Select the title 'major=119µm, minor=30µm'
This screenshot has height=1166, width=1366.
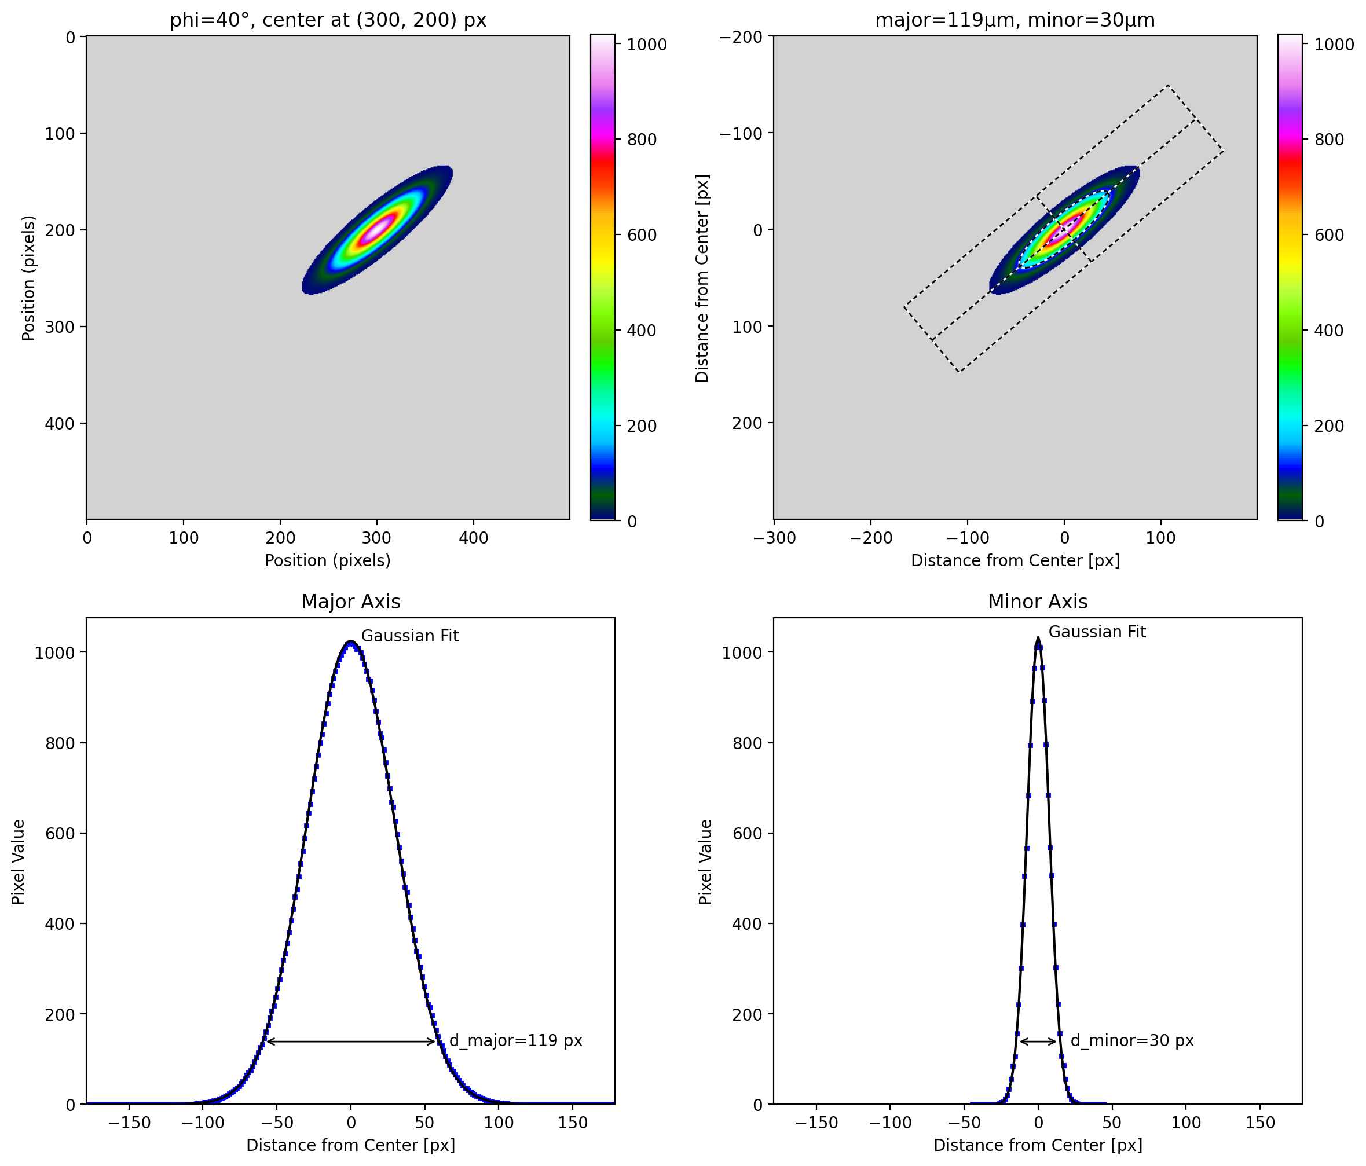(x=1015, y=20)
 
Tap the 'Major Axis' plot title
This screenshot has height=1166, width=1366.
(x=351, y=602)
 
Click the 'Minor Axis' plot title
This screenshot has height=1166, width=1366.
(x=1038, y=602)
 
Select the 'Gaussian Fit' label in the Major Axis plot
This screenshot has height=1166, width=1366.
(x=409, y=636)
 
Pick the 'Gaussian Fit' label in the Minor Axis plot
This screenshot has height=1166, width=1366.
(x=1097, y=632)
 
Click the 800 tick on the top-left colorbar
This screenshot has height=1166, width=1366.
(x=642, y=140)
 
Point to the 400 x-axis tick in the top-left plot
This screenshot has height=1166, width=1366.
(x=473, y=538)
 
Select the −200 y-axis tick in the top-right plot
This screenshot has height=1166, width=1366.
(x=742, y=37)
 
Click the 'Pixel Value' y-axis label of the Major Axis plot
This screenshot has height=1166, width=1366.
(x=19, y=862)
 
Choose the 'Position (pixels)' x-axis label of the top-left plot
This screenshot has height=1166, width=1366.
(x=328, y=560)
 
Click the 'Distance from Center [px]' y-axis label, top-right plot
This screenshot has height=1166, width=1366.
(x=702, y=278)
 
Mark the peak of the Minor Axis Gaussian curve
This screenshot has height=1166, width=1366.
(x=1038, y=638)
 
